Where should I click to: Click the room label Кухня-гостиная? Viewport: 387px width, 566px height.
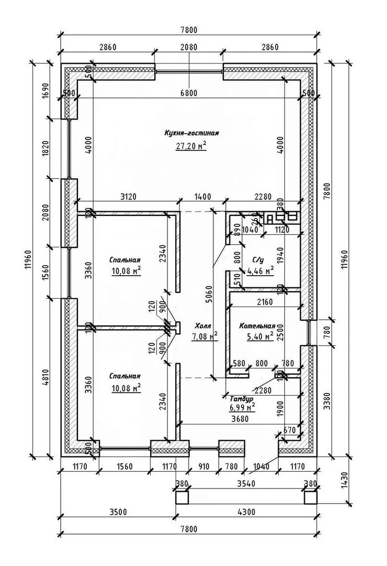(190, 133)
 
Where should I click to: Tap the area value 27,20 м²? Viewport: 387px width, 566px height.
(190, 146)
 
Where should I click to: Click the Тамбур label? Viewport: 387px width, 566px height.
(241, 399)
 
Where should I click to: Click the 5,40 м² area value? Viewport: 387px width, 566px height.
(260, 336)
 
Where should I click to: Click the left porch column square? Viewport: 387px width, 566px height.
(181, 497)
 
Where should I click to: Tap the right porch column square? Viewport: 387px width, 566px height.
(311, 497)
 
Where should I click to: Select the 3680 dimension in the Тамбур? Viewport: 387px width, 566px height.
(238, 419)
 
